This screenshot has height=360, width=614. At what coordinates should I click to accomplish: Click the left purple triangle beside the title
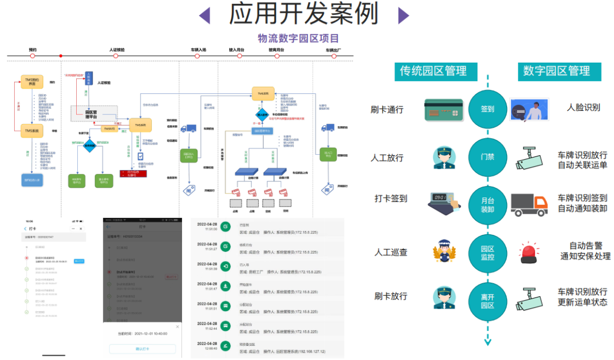tap(204, 15)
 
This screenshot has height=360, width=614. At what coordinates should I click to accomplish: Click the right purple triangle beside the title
tap(403, 15)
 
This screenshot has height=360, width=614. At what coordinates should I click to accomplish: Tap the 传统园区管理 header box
tap(433, 71)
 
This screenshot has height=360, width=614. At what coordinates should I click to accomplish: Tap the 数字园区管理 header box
tap(557, 71)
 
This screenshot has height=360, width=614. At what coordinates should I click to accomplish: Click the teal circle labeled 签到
tap(487, 109)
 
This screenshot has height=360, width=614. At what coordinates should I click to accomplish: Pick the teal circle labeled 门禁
tap(487, 156)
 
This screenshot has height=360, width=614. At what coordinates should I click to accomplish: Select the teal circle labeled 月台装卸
tap(487, 205)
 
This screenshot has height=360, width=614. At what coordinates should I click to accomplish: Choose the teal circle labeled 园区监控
tap(487, 253)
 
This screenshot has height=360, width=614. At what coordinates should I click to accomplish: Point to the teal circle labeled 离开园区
tap(487, 300)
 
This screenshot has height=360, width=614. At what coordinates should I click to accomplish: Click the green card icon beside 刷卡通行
tap(442, 110)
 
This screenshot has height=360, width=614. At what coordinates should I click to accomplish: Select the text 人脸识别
tap(583, 107)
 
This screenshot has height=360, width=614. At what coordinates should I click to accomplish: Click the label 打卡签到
tap(391, 198)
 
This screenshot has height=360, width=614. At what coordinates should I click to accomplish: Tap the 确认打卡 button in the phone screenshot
tap(143, 349)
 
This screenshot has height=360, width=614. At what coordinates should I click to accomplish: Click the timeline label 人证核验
tap(117, 50)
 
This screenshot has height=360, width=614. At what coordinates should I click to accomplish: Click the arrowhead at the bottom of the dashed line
tap(487, 341)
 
